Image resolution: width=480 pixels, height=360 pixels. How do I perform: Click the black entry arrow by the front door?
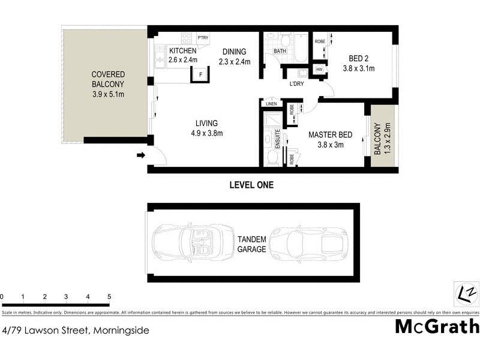coord(141,156)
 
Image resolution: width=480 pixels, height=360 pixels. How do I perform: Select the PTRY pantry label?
coord(202,38)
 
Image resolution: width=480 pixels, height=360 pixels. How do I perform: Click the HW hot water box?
coord(319,70)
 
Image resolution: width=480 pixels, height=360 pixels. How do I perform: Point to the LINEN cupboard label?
coord(271,104)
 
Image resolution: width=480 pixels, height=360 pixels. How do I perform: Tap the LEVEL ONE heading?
coord(251,185)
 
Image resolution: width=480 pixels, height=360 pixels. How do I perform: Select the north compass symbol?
coord(466,293)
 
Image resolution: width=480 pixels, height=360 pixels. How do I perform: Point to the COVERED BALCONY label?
coord(108,85)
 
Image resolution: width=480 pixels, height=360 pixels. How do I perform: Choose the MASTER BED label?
coord(330,134)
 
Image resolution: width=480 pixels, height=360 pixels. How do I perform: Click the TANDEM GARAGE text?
coord(251,244)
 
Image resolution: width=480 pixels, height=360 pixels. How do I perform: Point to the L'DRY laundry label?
coord(297,83)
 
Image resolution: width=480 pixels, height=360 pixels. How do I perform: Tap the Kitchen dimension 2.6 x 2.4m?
coord(182,60)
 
